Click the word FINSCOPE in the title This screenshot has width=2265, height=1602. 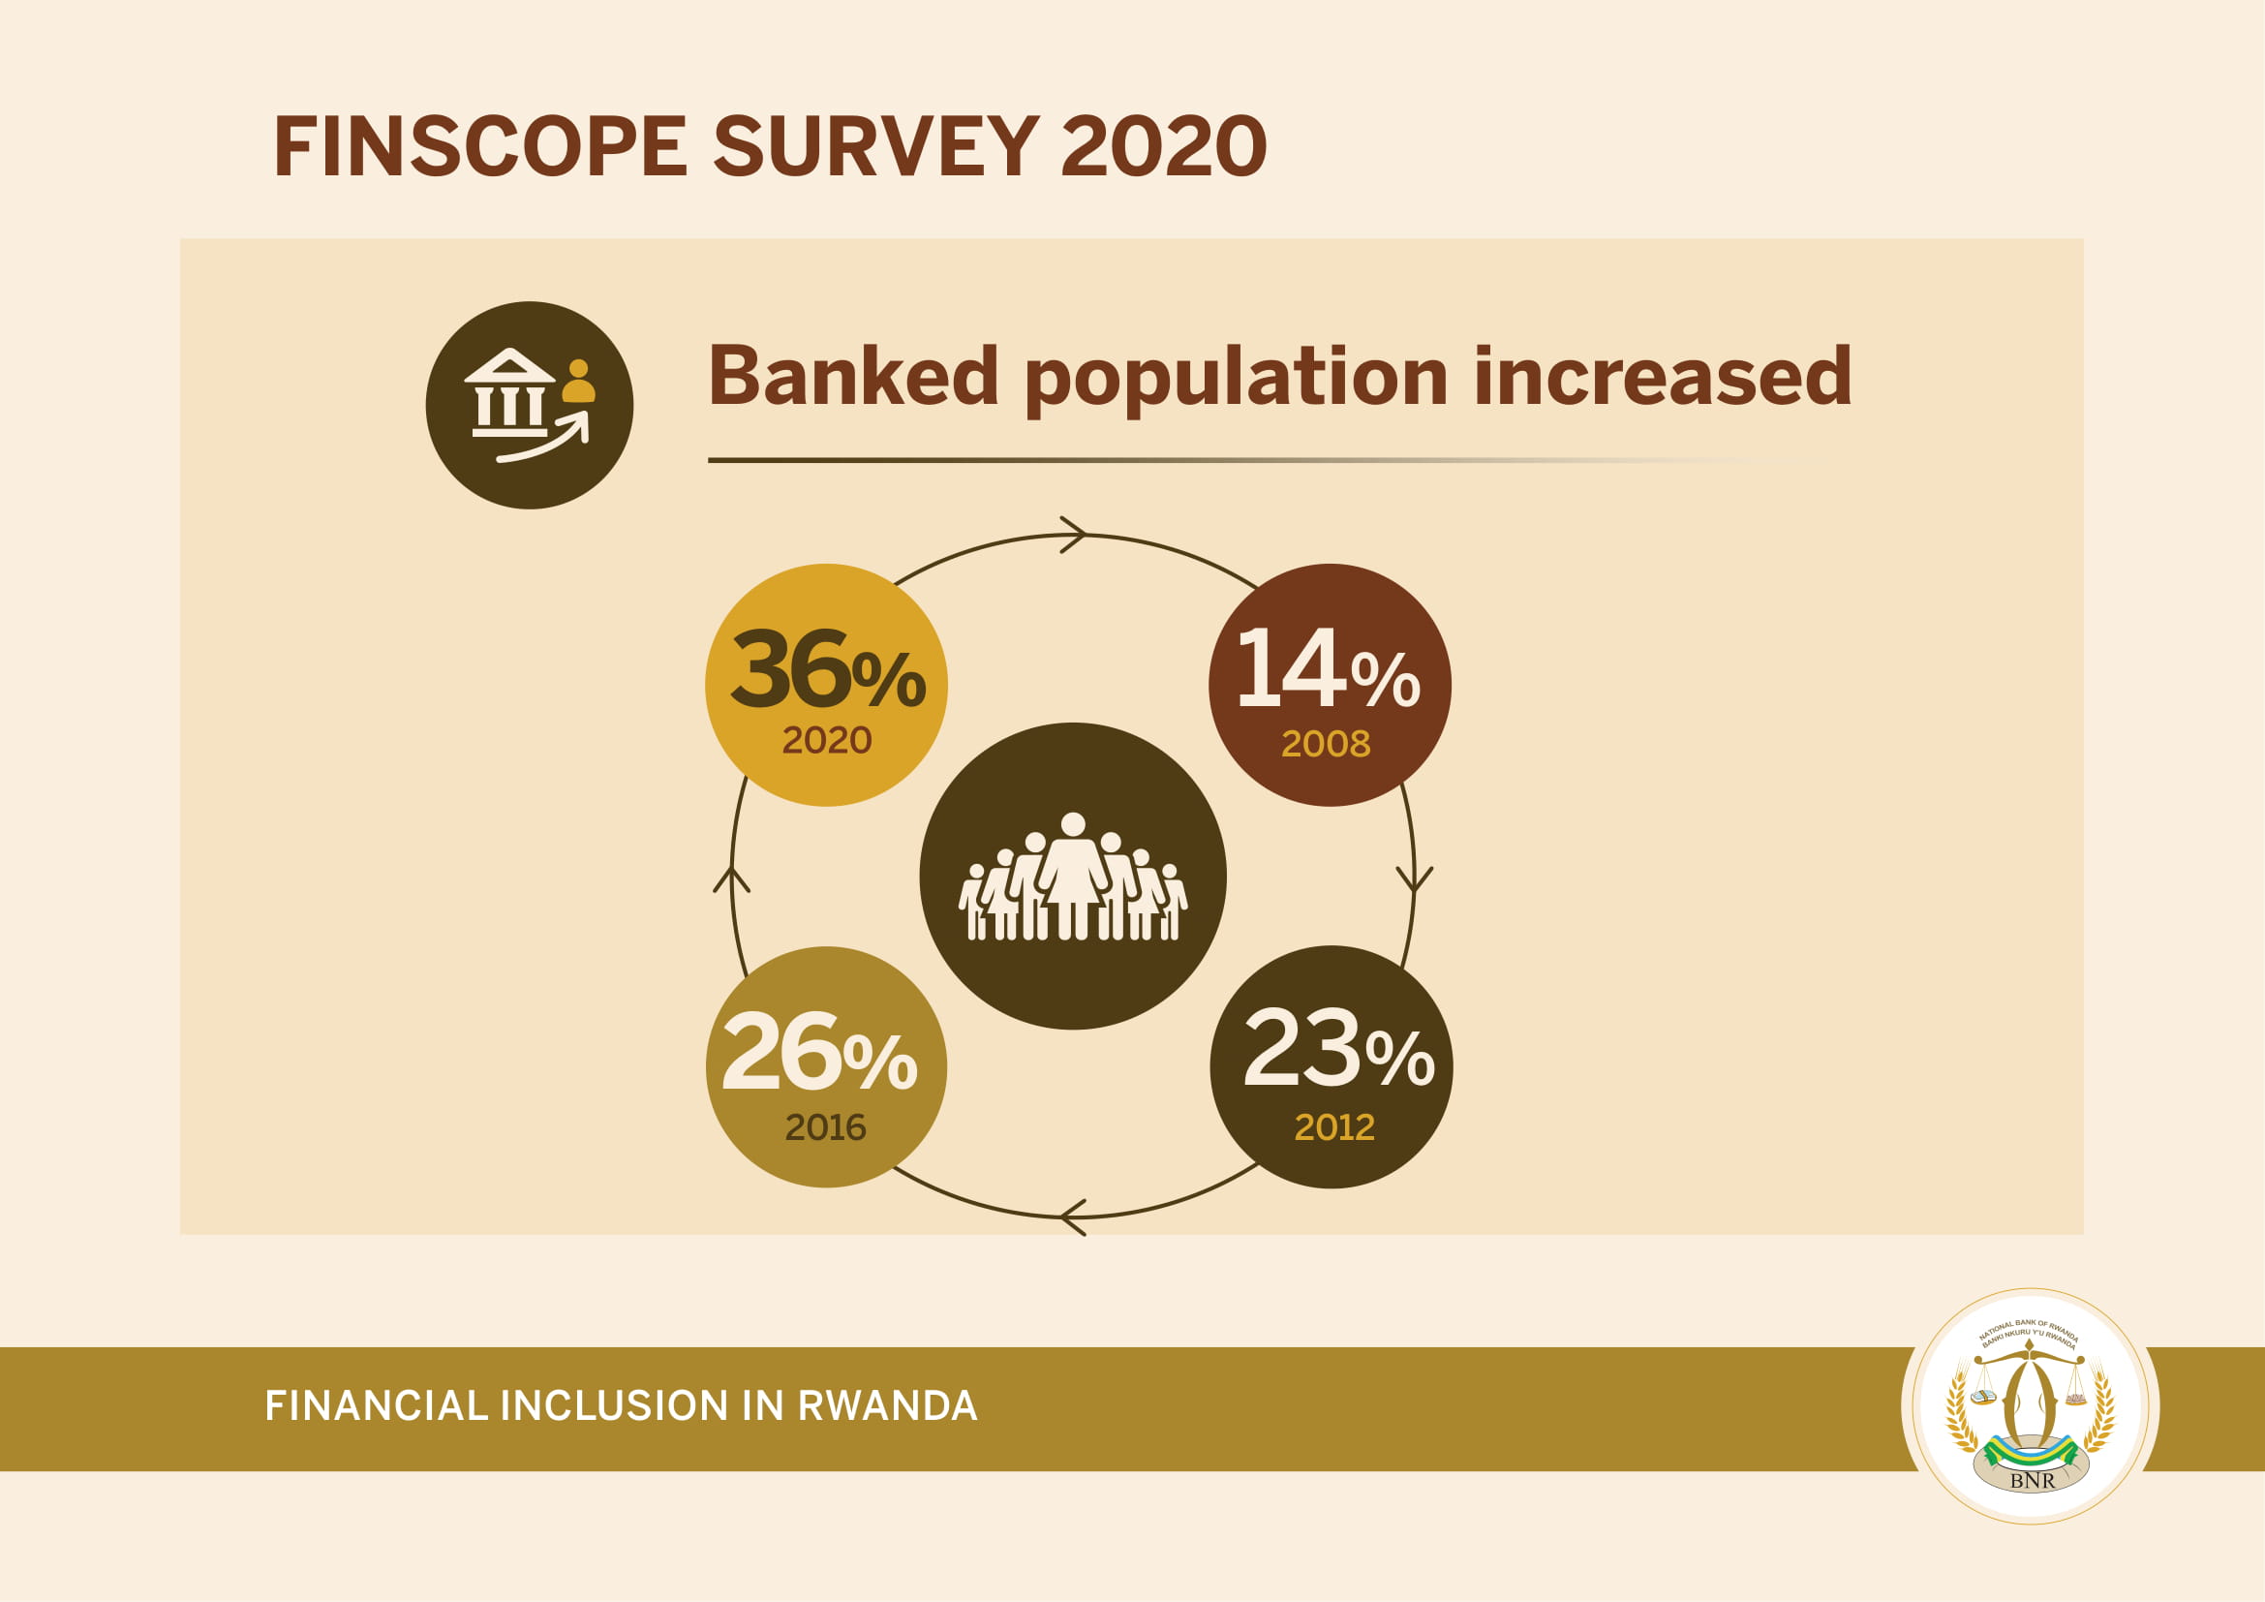(x=479, y=146)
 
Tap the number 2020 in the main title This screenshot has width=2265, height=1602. (x=1163, y=146)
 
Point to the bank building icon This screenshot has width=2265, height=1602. (x=509, y=392)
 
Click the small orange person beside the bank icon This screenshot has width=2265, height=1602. (x=579, y=381)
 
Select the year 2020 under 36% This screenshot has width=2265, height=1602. (x=827, y=740)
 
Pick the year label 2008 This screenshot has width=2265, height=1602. (x=1326, y=744)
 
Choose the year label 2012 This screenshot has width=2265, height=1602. (x=1333, y=1126)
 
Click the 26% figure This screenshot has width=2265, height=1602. (x=819, y=1052)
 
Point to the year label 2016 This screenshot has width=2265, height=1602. (x=826, y=1126)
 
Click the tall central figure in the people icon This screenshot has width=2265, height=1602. (x=1073, y=875)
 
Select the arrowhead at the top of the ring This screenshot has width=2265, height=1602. (x=1073, y=535)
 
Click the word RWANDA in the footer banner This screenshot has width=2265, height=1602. (x=887, y=1405)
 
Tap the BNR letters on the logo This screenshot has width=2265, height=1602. (x=2033, y=1480)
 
